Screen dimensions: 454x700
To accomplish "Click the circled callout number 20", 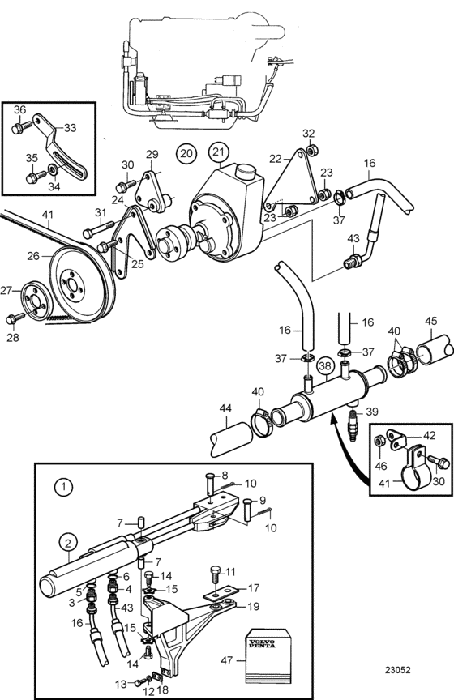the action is [x=186, y=154].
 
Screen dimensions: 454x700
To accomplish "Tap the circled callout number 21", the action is [x=219, y=152].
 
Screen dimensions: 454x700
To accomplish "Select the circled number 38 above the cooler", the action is [x=326, y=366].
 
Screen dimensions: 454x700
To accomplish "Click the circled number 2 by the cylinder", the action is [x=68, y=543].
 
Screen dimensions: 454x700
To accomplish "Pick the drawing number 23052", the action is [x=398, y=670].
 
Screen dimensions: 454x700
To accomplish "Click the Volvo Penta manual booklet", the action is [x=268, y=655].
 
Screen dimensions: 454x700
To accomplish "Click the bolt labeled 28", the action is [x=15, y=318].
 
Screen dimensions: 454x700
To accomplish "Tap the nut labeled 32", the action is [x=313, y=150].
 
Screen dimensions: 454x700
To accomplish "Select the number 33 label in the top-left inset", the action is [x=71, y=128].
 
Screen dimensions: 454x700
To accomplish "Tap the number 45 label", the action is [x=431, y=322].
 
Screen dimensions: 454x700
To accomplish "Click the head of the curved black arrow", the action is [x=332, y=416].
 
